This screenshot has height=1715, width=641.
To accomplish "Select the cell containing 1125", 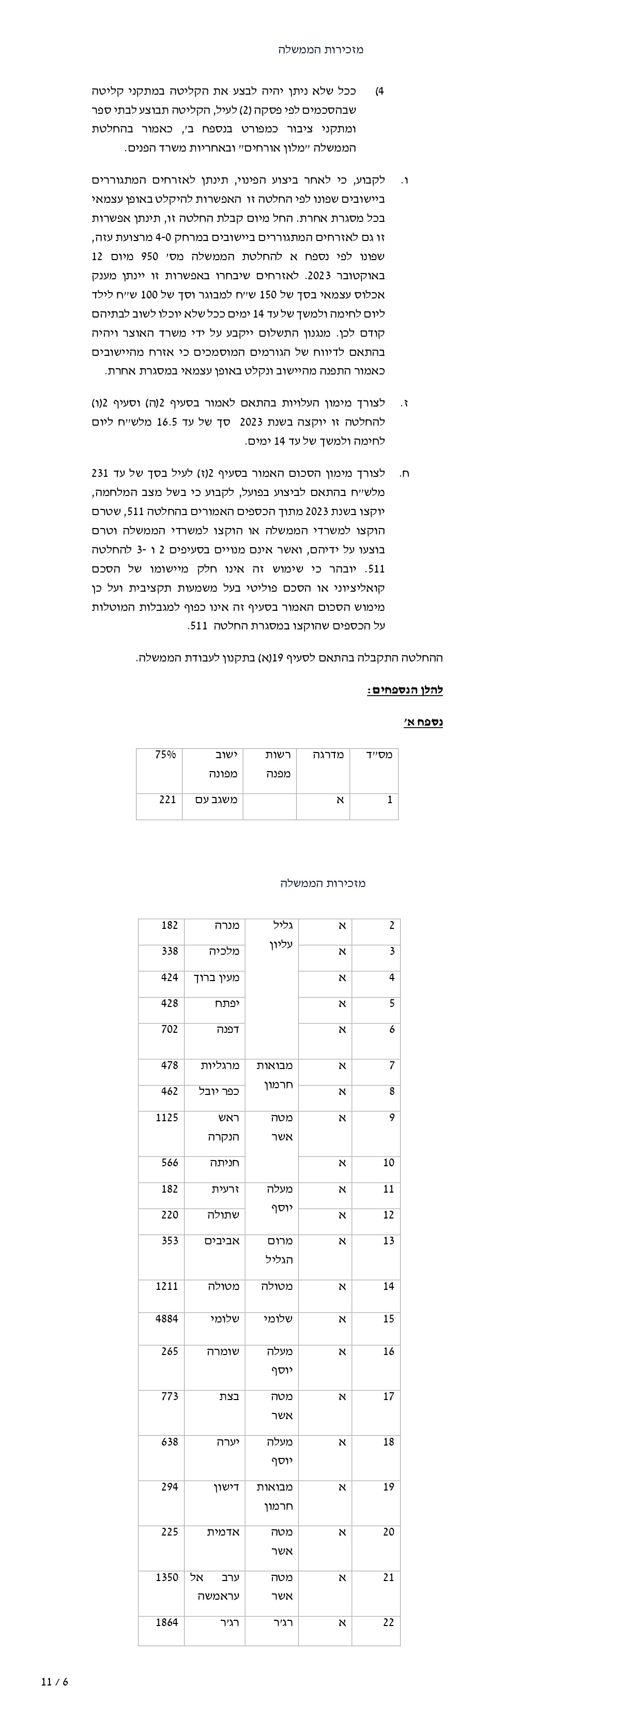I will [x=166, y=1118].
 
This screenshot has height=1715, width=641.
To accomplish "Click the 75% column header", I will [x=165, y=755].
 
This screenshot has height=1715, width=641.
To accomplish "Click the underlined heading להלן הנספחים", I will [x=405, y=690].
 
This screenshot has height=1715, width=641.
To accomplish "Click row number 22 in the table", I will [x=389, y=1622].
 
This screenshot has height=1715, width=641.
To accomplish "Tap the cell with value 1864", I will [x=166, y=1622].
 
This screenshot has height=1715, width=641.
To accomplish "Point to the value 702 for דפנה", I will [x=169, y=1029].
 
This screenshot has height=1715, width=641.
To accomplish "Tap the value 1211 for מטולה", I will [x=166, y=1287].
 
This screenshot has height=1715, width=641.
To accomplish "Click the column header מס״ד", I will [x=379, y=755].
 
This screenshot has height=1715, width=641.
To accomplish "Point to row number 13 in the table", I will [x=389, y=1241].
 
